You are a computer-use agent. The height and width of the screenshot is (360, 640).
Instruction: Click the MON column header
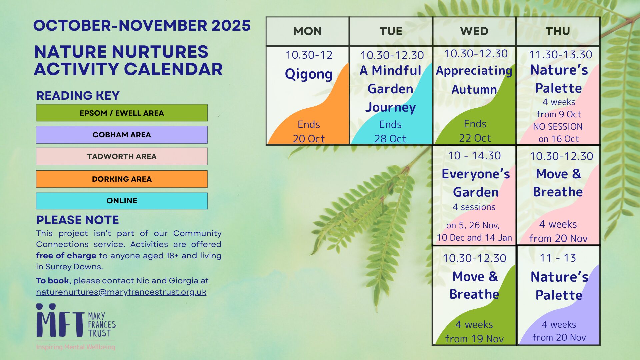(x=307, y=31)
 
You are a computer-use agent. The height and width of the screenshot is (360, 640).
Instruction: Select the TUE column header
(x=391, y=31)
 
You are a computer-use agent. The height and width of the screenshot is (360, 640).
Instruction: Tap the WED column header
(x=474, y=31)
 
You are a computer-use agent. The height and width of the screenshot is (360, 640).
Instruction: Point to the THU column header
(x=558, y=31)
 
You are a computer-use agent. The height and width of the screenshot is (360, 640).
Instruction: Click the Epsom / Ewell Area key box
(x=122, y=113)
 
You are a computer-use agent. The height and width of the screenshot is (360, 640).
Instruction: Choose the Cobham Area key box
(x=122, y=135)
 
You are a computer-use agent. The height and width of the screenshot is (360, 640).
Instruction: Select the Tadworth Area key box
(x=122, y=156)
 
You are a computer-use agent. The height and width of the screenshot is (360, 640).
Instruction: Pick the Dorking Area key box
(x=122, y=179)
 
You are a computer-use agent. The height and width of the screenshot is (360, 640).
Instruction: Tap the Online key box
(x=122, y=201)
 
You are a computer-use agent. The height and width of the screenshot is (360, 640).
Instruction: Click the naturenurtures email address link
(x=121, y=292)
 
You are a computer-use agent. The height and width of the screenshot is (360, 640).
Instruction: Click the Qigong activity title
(x=309, y=74)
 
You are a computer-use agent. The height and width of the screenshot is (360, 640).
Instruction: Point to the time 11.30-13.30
(x=561, y=55)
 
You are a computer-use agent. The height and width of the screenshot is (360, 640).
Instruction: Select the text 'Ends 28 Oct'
(x=390, y=131)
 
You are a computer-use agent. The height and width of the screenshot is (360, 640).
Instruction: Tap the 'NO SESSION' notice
(x=558, y=127)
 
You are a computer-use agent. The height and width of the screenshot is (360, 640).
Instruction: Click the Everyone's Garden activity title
(x=476, y=183)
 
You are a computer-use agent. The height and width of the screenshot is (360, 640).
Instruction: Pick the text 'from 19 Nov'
(x=474, y=339)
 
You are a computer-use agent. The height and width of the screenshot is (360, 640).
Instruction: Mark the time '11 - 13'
(x=558, y=258)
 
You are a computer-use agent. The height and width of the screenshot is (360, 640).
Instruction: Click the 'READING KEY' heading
(x=78, y=96)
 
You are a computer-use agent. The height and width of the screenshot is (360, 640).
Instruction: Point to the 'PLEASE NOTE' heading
(x=77, y=220)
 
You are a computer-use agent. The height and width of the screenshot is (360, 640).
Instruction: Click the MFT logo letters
(x=60, y=320)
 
